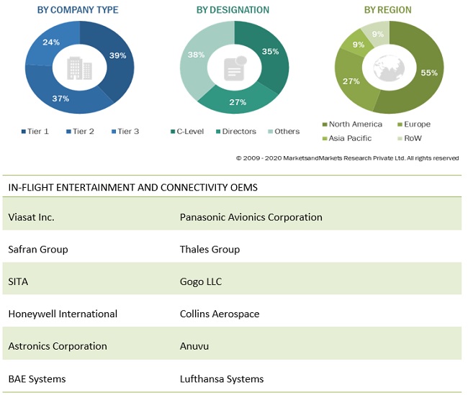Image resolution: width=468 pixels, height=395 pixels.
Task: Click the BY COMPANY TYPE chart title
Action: pyautogui.click(x=77, y=10)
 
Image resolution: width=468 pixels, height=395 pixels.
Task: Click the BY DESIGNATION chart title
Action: pyautogui.click(x=233, y=10)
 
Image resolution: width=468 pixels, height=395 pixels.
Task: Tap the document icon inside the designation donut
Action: pyautogui.click(x=233, y=68)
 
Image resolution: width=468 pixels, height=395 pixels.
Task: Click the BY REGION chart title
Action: pyautogui.click(x=387, y=10)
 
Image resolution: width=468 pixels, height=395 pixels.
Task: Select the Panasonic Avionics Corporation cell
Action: pyautogui.click(x=251, y=217)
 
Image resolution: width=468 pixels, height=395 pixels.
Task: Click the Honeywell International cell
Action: pyautogui.click(x=63, y=314)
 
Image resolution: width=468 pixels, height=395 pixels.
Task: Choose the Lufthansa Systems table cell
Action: pyautogui.click(x=222, y=378)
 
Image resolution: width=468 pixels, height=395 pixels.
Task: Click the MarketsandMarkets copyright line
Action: pyautogui.click(x=347, y=158)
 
